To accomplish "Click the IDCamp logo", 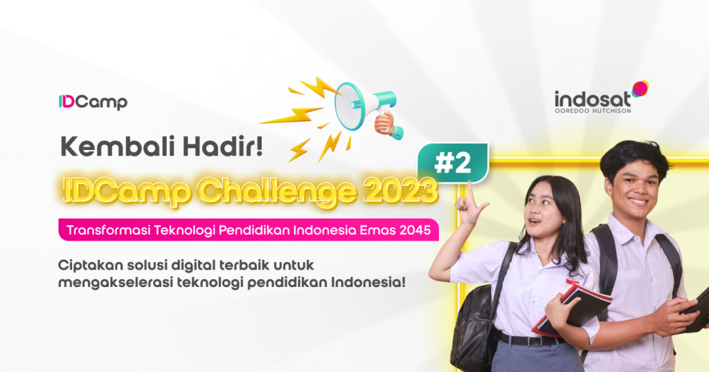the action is pos(93,102).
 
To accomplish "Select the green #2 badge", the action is pos(453,163).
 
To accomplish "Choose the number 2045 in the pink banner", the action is pos(415,230).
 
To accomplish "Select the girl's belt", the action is pos(529,339).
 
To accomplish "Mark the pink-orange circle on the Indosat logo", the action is pos(640,89).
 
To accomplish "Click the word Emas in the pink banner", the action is pos(377,230).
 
